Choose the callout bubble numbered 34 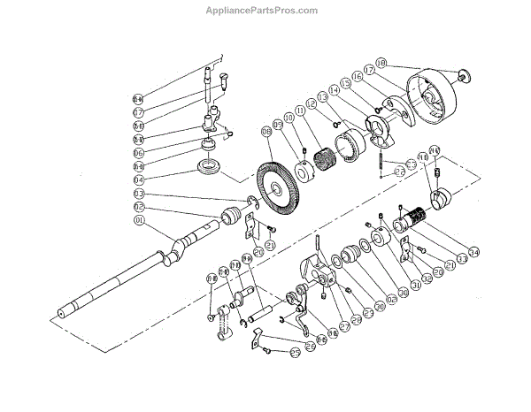click(x=474, y=253)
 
